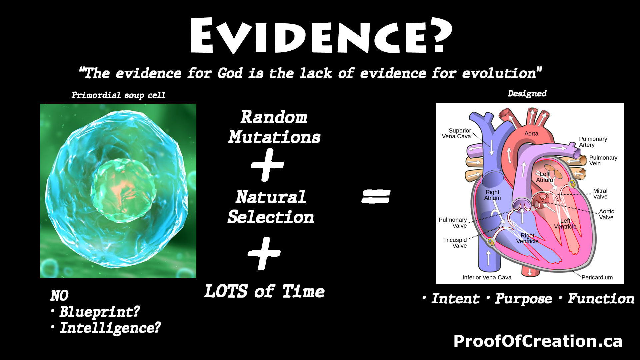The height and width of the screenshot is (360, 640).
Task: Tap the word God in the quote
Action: click(230, 73)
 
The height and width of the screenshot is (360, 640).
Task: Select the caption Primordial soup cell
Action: click(118, 95)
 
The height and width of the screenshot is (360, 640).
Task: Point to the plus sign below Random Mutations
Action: click(267, 165)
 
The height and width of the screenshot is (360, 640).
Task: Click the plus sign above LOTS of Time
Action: click(264, 253)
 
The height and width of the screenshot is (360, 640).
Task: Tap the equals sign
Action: click(376, 196)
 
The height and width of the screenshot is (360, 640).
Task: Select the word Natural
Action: click(271, 197)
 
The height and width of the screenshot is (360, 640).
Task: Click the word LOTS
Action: click(226, 291)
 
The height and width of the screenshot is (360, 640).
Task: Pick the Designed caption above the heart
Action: click(527, 94)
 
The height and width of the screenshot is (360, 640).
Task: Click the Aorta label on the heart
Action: click(531, 134)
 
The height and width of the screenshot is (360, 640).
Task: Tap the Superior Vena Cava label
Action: click(457, 133)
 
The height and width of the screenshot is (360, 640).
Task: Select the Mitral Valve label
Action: click(600, 194)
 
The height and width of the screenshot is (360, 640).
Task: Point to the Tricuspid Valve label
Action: click(455, 243)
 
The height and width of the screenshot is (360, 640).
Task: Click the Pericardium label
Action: click(597, 277)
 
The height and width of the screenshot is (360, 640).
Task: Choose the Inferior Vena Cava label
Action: click(487, 277)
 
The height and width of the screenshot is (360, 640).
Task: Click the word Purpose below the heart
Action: click(523, 299)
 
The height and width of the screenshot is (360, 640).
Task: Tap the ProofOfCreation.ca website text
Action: click(538, 341)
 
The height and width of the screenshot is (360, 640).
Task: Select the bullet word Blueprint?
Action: click(99, 312)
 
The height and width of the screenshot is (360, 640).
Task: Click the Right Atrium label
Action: click(492, 195)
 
